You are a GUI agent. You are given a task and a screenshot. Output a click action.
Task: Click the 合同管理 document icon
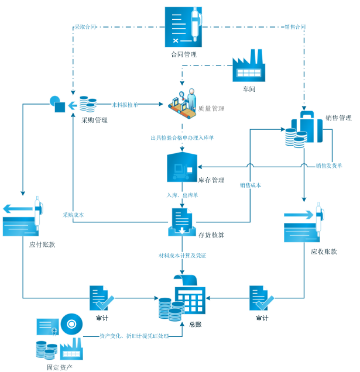click(x=183, y=27)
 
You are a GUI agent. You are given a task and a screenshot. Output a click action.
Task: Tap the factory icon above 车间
click(x=249, y=68)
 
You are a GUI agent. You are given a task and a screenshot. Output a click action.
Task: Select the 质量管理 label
click(x=211, y=109)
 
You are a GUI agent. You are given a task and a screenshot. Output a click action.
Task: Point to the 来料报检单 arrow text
click(x=125, y=104)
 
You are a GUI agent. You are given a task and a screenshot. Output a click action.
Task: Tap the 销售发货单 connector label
click(x=328, y=166)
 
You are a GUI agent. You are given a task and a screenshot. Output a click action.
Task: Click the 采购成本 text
click(x=74, y=215)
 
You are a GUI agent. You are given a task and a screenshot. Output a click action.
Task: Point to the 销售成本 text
click(x=251, y=185)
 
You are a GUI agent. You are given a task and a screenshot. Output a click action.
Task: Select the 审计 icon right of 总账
click(x=260, y=298)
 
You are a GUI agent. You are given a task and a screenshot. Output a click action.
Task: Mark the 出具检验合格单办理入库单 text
click(x=182, y=138)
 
